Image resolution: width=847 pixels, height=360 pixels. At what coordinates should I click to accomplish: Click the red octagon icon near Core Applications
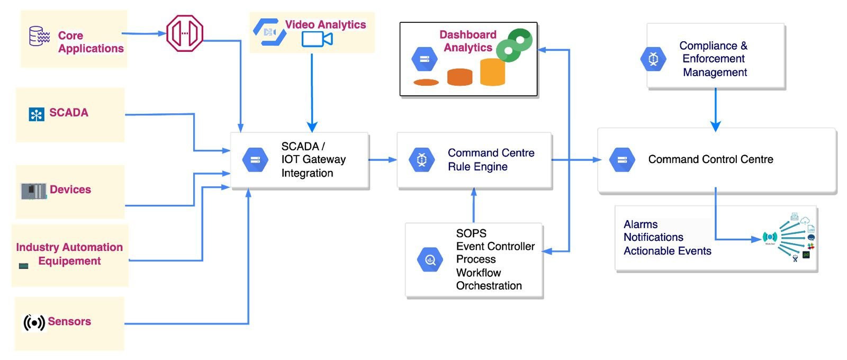tap(185, 33)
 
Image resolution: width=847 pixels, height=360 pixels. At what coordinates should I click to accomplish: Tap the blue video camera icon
tap(317, 39)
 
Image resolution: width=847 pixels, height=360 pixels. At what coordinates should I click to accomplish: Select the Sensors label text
tap(69, 321)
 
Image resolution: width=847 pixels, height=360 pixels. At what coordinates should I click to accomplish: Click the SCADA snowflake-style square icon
tap(37, 114)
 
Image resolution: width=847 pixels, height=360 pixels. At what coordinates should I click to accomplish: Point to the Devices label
tap(70, 190)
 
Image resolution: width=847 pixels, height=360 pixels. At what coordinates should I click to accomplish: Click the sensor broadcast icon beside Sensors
tap(34, 322)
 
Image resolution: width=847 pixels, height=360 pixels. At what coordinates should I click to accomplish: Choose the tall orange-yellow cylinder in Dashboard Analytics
tap(492, 72)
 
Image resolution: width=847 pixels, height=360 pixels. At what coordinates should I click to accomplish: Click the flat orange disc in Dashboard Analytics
tap(426, 82)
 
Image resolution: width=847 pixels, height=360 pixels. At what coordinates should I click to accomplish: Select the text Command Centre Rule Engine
tap(491, 159)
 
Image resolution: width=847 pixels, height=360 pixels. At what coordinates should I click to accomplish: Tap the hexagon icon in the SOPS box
tap(430, 259)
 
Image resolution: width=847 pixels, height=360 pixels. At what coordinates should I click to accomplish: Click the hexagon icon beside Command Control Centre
tap(622, 159)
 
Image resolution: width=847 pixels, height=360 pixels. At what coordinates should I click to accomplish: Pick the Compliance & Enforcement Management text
tap(714, 59)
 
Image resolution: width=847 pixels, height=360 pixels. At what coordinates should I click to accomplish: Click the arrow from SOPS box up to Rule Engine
tap(474, 206)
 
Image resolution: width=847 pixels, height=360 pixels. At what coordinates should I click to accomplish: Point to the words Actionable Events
tap(667, 251)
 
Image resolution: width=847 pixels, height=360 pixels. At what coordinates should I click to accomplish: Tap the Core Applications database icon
tap(39, 36)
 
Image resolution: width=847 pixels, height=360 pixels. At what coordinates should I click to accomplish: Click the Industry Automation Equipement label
tap(69, 254)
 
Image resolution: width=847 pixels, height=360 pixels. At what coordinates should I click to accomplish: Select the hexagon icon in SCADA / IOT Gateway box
tap(255, 159)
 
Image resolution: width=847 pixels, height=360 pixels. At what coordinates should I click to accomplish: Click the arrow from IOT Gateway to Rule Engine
tap(382, 159)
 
